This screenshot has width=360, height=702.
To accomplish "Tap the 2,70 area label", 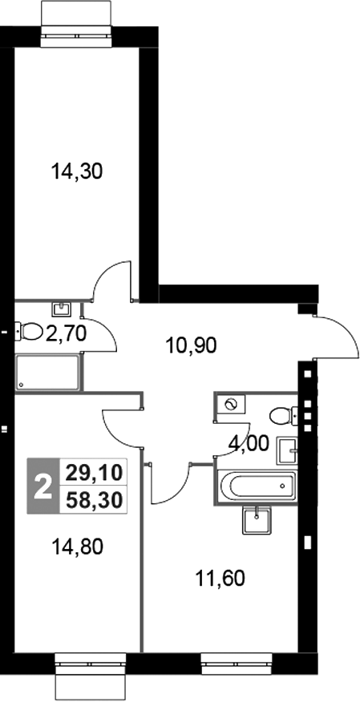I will (66, 332).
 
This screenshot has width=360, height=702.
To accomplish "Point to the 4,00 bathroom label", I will (249, 442).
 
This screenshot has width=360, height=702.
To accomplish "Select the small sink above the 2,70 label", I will (61, 308).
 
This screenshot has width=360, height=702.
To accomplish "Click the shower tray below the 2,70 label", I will (47, 372).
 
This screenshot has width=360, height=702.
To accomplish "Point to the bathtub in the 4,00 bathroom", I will (255, 486).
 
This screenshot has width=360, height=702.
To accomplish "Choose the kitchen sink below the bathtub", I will (257, 520).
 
